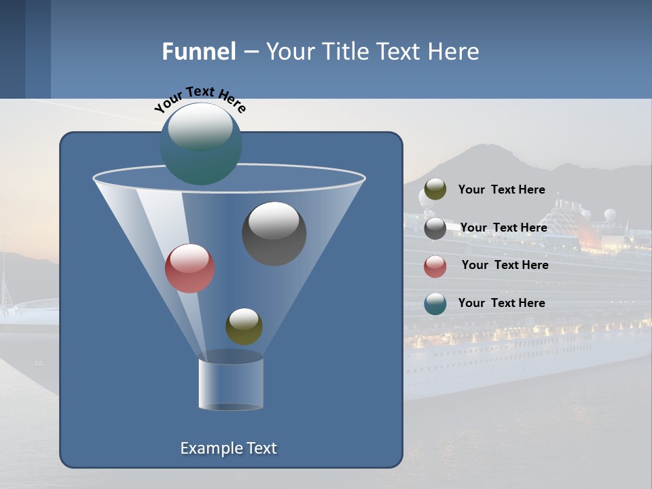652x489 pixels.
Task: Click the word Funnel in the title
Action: click(x=199, y=52)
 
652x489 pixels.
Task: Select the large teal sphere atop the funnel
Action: click(x=200, y=143)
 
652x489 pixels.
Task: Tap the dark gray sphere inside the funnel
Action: click(x=274, y=233)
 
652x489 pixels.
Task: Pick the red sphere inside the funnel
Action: click(x=189, y=268)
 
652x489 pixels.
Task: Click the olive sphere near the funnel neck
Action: click(x=244, y=326)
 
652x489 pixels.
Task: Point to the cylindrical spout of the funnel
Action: click(x=231, y=384)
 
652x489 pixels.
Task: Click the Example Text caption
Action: click(x=228, y=448)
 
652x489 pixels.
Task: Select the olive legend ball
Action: click(x=435, y=189)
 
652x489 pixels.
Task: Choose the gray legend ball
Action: click(x=435, y=228)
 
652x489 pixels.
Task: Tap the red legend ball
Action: click(x=435, y=266)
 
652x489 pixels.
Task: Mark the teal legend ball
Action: click(x=435, y=304)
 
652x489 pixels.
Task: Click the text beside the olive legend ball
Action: click(x=501, y=190)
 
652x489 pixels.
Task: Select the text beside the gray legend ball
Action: click(x=503, y=228)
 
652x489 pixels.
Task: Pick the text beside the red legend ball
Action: click(x=505, y=265)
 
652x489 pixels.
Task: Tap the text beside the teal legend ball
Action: click(x=501, y=303)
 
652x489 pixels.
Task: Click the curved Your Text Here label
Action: click(x=200, y=99)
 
